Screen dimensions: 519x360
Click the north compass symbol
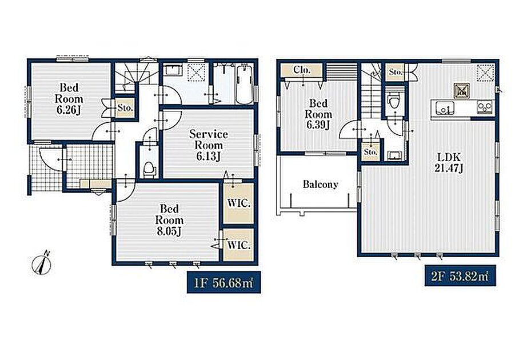click(x=42, y=263)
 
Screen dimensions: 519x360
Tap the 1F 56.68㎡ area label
click(x=223, y=282)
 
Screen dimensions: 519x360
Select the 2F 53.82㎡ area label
click(x=460, y=276)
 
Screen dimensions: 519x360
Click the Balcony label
click(x=321, y=184)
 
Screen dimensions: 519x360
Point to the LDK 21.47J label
click(x=449, y=163)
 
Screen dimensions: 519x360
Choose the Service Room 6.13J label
click(x=209, y=145)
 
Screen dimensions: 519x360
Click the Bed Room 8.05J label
click(x=169, y=220)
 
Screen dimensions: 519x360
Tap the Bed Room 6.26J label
click(x=69, y=99)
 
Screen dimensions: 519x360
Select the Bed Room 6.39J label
click(x=318, y=114)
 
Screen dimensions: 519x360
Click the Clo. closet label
click(x=302, y=70)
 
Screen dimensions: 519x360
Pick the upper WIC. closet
click(x=239, y=203)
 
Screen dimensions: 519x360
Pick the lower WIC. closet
click(x=239, y=245)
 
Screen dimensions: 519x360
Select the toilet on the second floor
click(x=394, y=100)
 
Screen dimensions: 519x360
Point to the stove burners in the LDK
click(x=485, y=106)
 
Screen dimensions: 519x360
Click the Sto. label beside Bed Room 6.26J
click(x=125, y=107)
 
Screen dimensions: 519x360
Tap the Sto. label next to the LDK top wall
click(x=395, y=72)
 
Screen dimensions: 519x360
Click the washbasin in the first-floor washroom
click(x=173, y=71)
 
